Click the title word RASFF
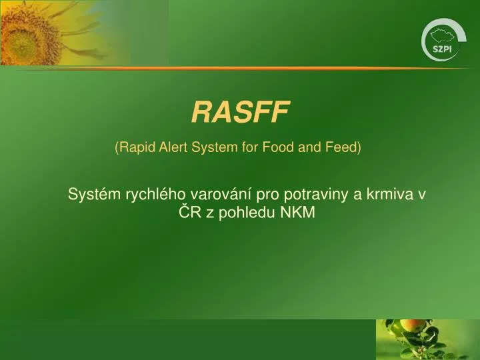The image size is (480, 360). point(241,113)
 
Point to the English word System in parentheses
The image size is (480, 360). point(215,147)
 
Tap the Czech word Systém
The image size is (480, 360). point(91,195)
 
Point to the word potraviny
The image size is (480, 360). point(317,195)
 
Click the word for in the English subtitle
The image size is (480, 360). point(249,147)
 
